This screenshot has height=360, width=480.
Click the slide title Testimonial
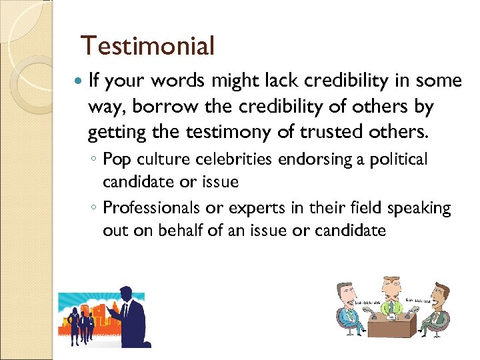coord(147,46)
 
